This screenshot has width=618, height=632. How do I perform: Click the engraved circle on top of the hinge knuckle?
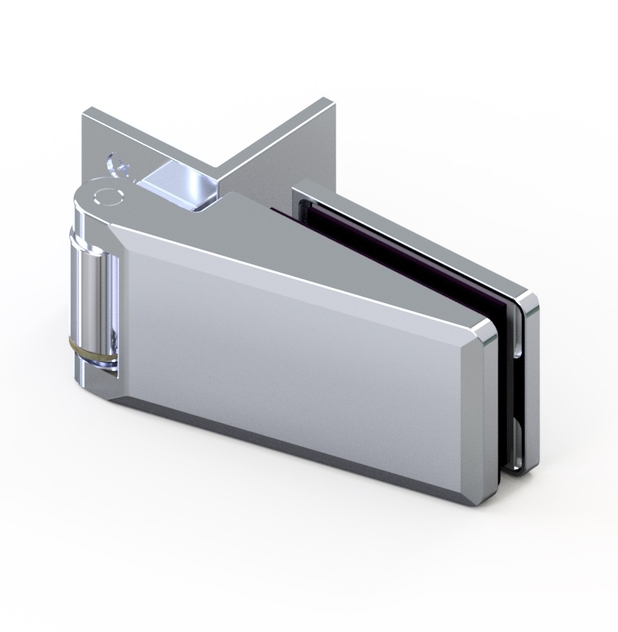point(107,196)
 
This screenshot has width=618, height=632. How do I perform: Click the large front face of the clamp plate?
point(289,361)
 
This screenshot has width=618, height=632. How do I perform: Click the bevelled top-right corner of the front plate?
point(486,330)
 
